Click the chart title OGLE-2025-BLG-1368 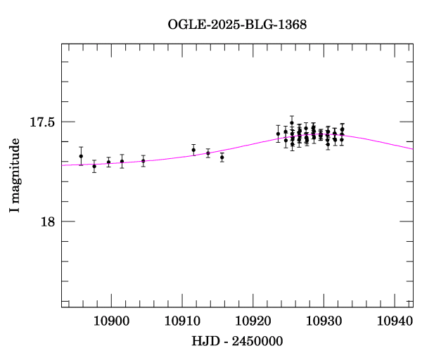pyautogui.click(x=237, y=25)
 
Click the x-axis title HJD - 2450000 pyautogui.click(x=237, y=341)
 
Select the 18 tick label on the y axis pyautogui.click(x=46, y=221)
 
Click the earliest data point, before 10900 pyautogui.click(x=81, y=156)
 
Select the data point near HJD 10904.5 pyautogui.click(x=143, y=160)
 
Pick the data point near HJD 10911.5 pyautogui.click(x=193, y=150)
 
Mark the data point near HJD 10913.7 pyautogui.click(x=208, y=153)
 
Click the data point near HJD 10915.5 pyautogui.click(x=222, y=157)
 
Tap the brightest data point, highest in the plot pyautogui.click(x=292, y=122)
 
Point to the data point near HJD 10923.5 pyautogui.click(x=279, y=134)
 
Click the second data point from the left pyautogui.click(x=94, y=167)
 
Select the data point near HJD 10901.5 pyautogui.click(x=122, y=161)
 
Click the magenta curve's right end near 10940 pyautogui.click(x=411, y=148)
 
